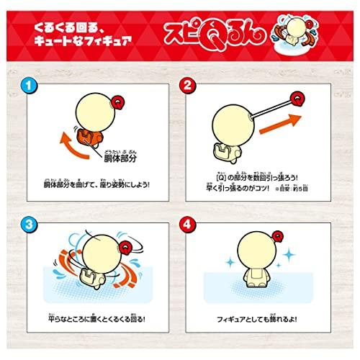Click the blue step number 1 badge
click(27, 86)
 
